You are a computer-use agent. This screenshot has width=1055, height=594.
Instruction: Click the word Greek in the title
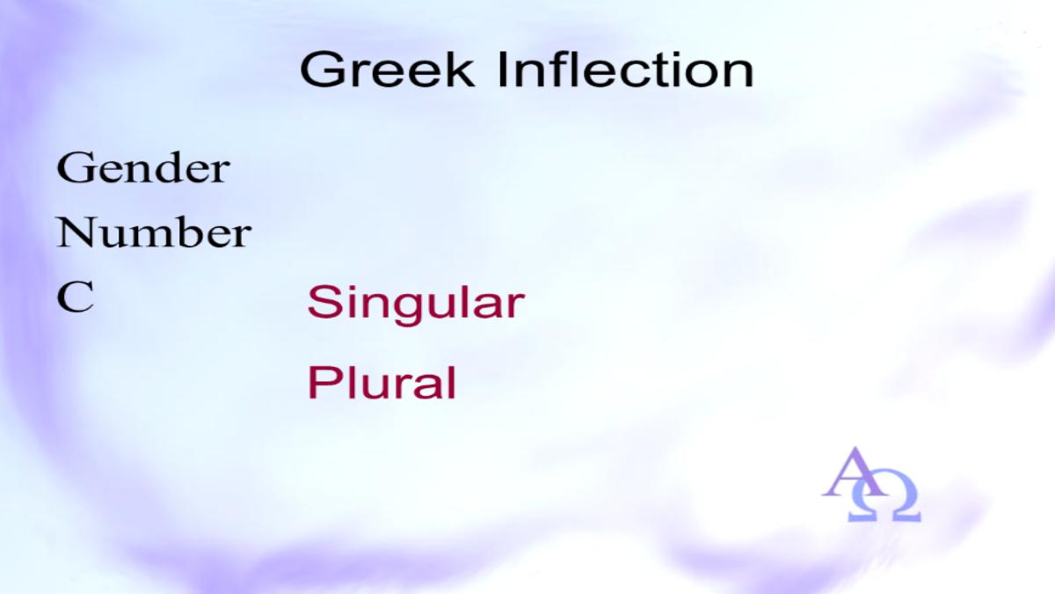click(x=387, y=70)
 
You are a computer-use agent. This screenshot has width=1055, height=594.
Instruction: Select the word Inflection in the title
click(x=626, y=70)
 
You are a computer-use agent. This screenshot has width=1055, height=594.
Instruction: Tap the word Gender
click(x=143, y=167)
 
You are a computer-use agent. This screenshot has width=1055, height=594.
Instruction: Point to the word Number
click(x=154, y=232)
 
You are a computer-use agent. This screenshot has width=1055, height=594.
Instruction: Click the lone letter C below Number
click(x=76, y=297)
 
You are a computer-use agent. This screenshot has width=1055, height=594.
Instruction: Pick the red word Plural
click(x=382, y=382)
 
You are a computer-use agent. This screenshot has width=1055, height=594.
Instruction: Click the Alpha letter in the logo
click(x=854, y=472)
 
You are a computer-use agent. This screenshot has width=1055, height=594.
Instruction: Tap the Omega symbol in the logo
click(x=884, y=501)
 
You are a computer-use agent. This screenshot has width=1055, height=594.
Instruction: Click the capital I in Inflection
click(x=504, y=70)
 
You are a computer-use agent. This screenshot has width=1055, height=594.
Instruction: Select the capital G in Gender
click(x=74, y=167)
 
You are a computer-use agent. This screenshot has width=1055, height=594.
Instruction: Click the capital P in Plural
click(x=324, y=382)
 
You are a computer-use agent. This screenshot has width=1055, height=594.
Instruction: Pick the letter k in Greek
click(x=460, y=70)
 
